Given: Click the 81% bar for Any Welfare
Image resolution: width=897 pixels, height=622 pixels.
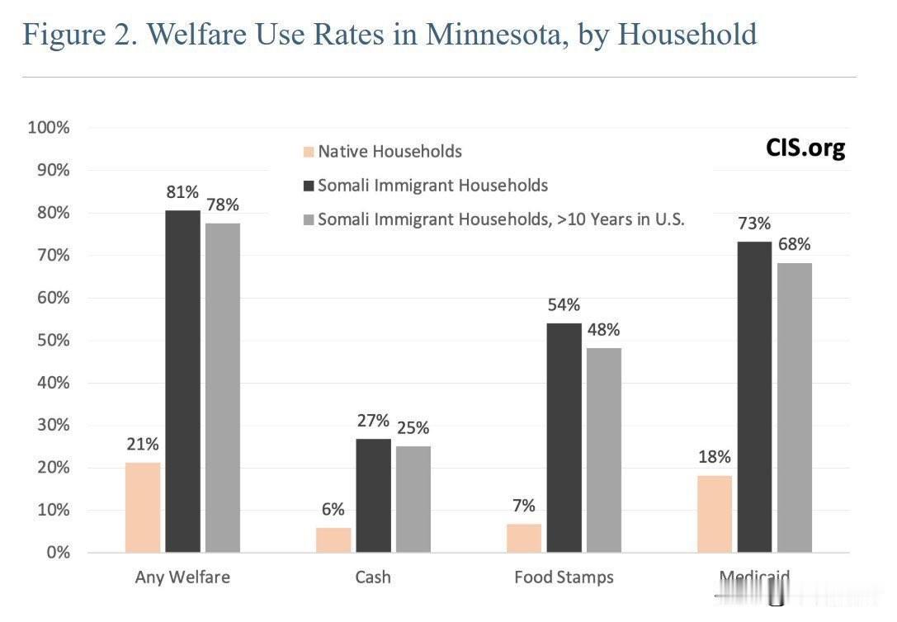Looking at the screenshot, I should (182, 381).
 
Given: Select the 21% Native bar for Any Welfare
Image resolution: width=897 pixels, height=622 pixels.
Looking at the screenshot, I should (143, 507).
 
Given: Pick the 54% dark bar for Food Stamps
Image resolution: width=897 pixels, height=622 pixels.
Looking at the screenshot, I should (564, 437).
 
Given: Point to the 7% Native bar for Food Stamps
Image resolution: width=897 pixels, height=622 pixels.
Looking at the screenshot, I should (524, 538).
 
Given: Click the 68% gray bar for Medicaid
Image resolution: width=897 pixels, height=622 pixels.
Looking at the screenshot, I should (794, 408).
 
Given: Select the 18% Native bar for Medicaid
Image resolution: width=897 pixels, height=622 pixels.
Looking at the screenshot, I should (714, 514).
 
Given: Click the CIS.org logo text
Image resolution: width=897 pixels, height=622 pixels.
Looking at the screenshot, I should (805, 148).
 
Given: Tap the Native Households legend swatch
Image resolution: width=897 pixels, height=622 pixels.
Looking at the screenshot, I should (309, 152).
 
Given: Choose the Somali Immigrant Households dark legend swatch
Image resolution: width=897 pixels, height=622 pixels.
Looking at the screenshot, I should (309, 186).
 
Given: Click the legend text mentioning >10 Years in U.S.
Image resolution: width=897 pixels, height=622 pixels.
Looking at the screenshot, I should (501, 219).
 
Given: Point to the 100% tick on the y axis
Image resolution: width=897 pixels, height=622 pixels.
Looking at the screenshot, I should (49, 128).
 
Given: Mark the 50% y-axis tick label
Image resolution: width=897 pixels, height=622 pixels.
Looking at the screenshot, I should (52, 341).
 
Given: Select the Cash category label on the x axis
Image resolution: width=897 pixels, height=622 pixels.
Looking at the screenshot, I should (373, 577).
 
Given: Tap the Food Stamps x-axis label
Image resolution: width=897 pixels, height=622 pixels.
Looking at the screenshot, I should (564, 577).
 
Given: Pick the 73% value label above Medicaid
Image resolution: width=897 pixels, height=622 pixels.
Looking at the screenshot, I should (754, 224).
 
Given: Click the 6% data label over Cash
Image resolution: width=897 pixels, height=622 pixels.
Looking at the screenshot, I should (333, 510).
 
